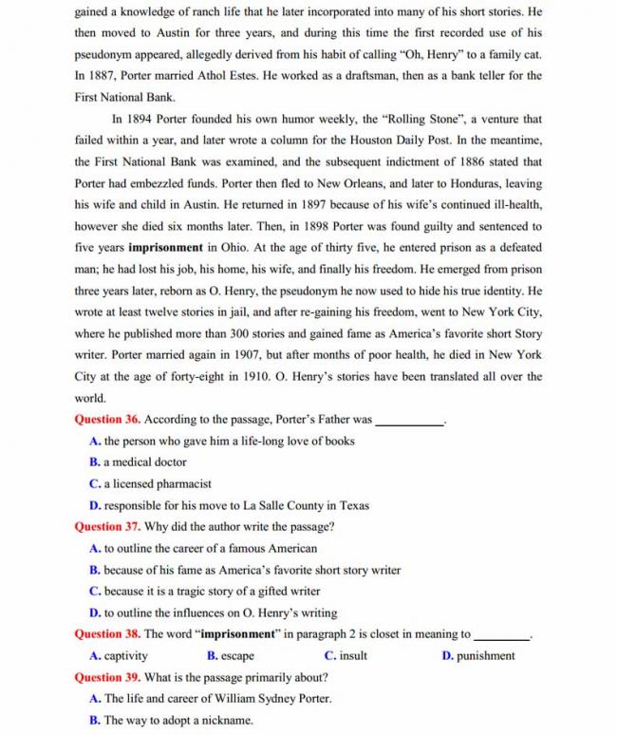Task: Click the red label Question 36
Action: [107, 420]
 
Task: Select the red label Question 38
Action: [107, 634]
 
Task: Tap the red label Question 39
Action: [107, 677]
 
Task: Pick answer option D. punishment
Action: [478, 656]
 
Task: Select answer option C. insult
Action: [346, 656]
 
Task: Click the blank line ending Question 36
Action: [410, 421]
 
